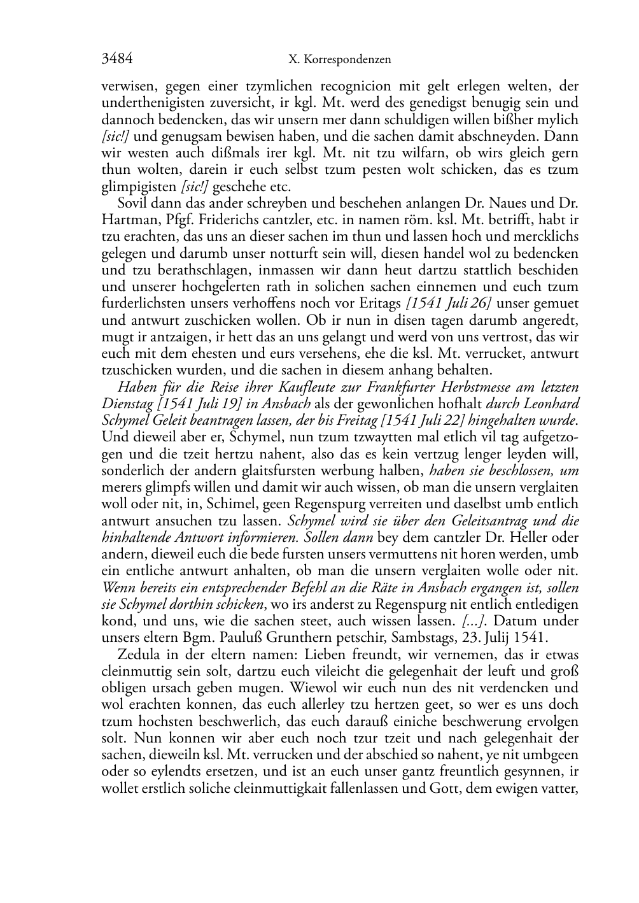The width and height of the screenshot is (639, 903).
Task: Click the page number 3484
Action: coord(117,59)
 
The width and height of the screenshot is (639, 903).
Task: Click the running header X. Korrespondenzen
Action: coord(339,60)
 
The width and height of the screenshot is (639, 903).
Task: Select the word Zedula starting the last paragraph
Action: coord(137,655)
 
